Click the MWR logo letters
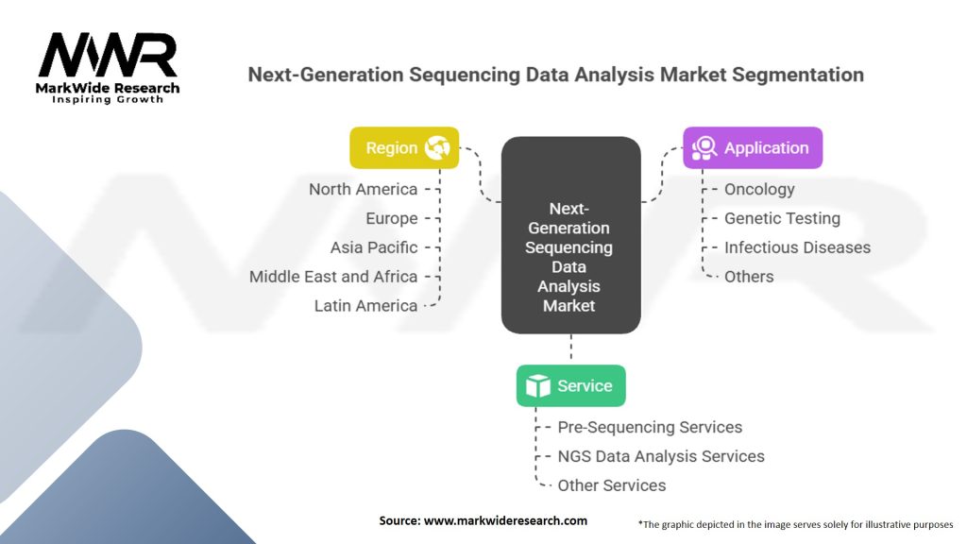point(108,55)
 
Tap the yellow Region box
point(404,148)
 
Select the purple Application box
point(753,148)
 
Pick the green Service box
point(571,385)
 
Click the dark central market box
point(571,235)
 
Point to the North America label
point(364,189)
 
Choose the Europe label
point(392,218)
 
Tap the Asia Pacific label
point(374,247)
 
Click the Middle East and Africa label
point(333,277)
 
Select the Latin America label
point(365,305)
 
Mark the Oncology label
point(759,189)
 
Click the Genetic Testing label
point(782,218)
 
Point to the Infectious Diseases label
point(797,247)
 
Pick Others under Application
point(749,277)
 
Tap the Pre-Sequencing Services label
point(650,427)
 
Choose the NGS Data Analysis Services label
point(661,456)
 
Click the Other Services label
point(612,485)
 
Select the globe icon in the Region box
point(437,148)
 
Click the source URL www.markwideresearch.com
point(505,520)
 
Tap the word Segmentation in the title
point(798,75)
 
